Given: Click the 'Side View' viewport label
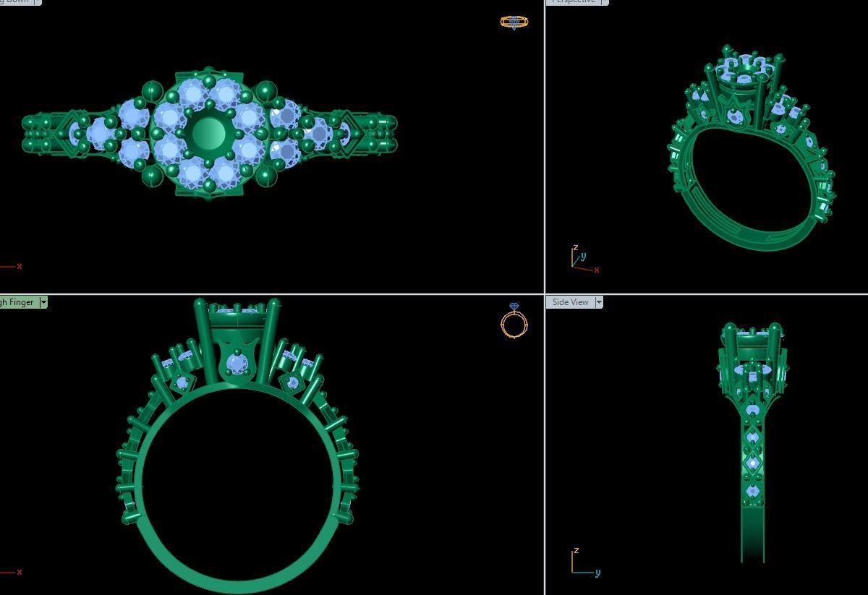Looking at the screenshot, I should [x=570, y=302].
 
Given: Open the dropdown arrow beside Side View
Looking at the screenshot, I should [x=599, y=302].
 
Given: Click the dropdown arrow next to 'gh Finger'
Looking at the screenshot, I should [x=43, y=302].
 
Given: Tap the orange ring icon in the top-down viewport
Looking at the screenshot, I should [x=514, y=22].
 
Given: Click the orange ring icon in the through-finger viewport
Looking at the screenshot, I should [x=514, y=322].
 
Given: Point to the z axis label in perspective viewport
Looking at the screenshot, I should [x=576, y=247].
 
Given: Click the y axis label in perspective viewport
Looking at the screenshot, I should [x=583, y=256].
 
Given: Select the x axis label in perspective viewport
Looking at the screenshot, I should [x=596, y=270].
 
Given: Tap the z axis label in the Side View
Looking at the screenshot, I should [x=576, y=551].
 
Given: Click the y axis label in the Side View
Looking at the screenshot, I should [x=597, y=573].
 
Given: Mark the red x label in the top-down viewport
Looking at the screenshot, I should [x=19, y=266].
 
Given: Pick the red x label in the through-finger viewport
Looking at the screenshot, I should [x=19, y=572].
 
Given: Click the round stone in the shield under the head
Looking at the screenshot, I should [x=237, y=364].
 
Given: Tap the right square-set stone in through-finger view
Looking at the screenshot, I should [x=292, y=382].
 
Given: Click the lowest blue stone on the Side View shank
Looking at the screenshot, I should [x=753, y=492].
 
